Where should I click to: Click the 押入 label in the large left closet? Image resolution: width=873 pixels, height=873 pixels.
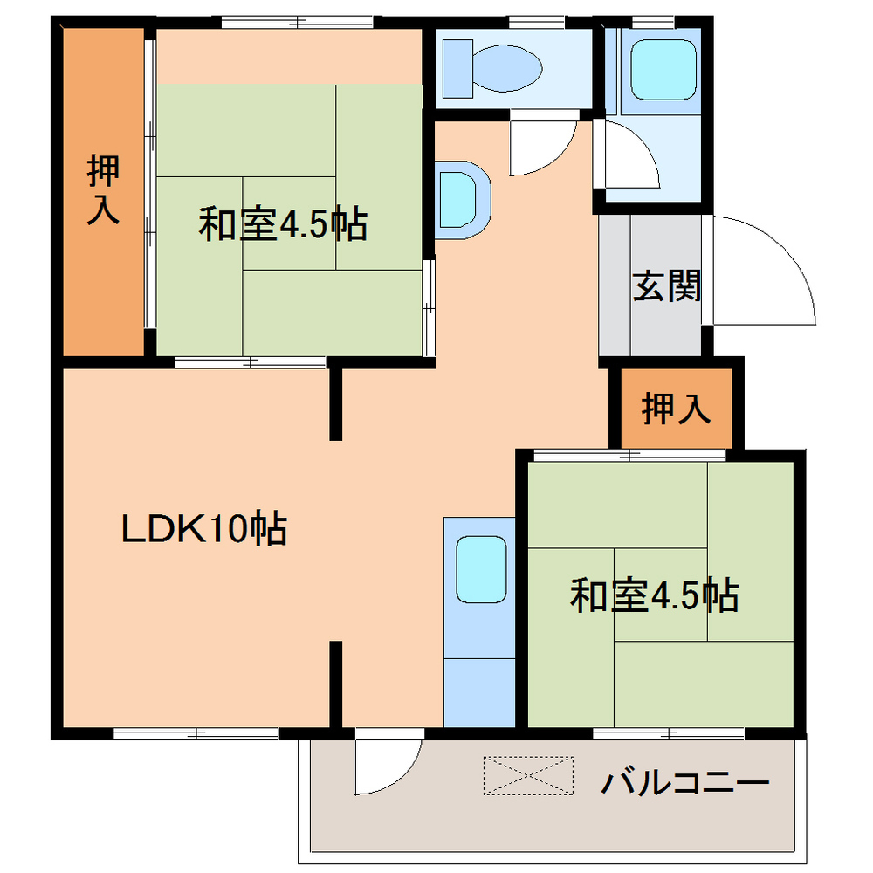[x=103, y=190]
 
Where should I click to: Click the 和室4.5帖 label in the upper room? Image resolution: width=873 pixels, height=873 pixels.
[x=282, y=225]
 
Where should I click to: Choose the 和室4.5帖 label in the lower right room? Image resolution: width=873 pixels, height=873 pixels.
[x=654, y=597]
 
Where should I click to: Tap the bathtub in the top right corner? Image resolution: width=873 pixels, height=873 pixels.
[x=663, y=69]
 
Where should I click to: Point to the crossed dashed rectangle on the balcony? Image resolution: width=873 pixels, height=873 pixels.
[x=529, y=776]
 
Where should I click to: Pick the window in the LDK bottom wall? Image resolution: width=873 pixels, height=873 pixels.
[x=196, y=733]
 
